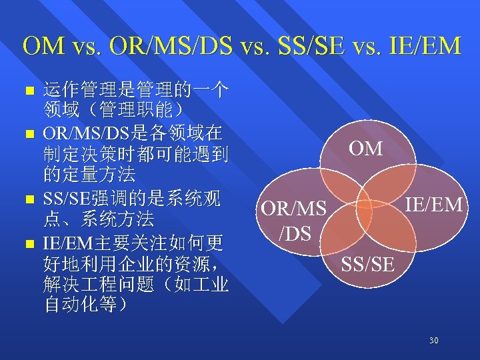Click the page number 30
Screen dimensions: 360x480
coord(434,341)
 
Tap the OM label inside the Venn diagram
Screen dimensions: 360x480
coord(366,148)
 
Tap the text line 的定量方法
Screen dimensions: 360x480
coord(89,175)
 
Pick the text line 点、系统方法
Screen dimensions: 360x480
coord(98,219)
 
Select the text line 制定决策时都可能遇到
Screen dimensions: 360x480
coord(135,153)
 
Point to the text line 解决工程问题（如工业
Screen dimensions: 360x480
coord(135,284)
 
